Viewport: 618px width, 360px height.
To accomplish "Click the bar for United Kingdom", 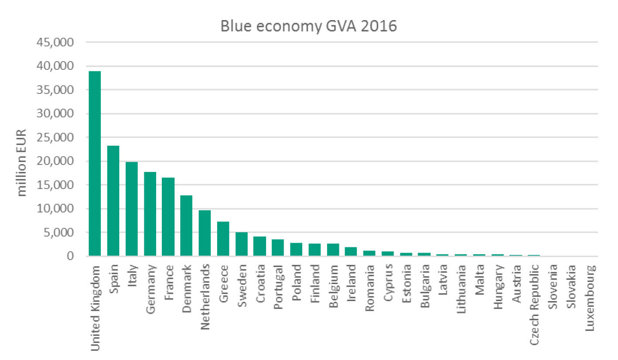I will (x=94, y=164).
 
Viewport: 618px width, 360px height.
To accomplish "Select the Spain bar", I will (x=113, y=201).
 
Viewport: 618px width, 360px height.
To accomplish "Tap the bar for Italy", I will (x=131, y=209).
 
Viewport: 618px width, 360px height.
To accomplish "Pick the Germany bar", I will (x=150, y=214).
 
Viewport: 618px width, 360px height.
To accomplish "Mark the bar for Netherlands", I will (x=205, y=233).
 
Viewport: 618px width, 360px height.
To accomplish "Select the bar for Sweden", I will (x=241, y=244).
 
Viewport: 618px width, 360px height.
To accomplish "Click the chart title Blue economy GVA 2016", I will (x=309, y=26).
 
